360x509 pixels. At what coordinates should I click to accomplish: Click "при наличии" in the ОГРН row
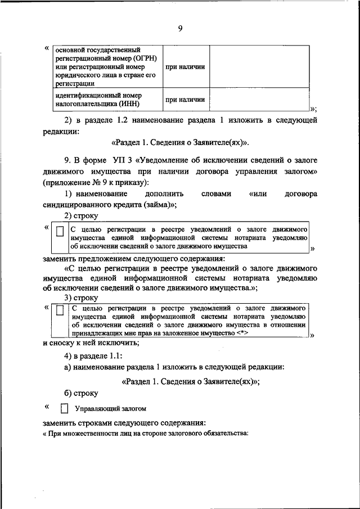pyautogui.click(x=184, y=67)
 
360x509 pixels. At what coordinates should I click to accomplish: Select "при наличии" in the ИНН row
pyautogui.click(x=184, y=100)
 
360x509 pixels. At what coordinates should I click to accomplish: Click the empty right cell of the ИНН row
pyautogui.click(x=259, y=100)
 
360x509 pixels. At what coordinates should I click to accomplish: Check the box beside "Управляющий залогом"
pyautogui.click(x=64, y=409)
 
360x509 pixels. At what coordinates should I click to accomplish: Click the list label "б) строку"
pyautogui.click(x=80, y=393)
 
